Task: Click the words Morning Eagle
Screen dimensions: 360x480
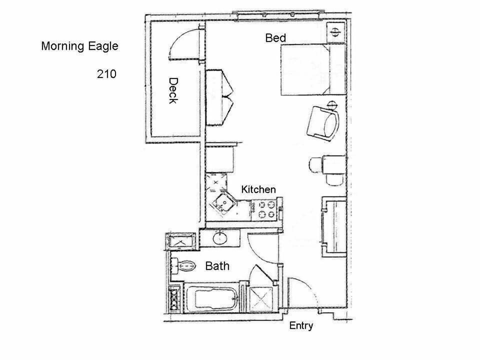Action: point(79,46)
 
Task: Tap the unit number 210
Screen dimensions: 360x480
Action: point(106,74)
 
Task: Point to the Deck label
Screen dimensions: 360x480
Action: point(173,90)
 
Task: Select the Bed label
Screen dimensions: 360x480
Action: point(275,38)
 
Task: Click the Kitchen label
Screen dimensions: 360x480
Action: point(258,189)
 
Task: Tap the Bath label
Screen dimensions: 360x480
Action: point(217,266)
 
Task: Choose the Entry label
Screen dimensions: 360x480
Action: point(301,326)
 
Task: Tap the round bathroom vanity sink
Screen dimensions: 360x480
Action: point(220,238)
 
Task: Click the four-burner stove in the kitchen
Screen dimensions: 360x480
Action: point(264,209)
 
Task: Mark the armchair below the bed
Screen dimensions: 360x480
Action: point(322,123)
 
